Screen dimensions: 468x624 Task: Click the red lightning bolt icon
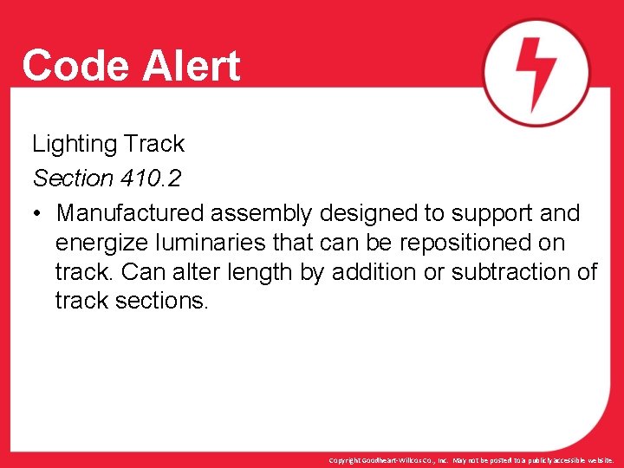tap(536, 73)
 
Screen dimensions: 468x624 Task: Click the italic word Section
tap(73, 179)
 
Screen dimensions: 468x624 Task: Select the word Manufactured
tap(131, 213)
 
